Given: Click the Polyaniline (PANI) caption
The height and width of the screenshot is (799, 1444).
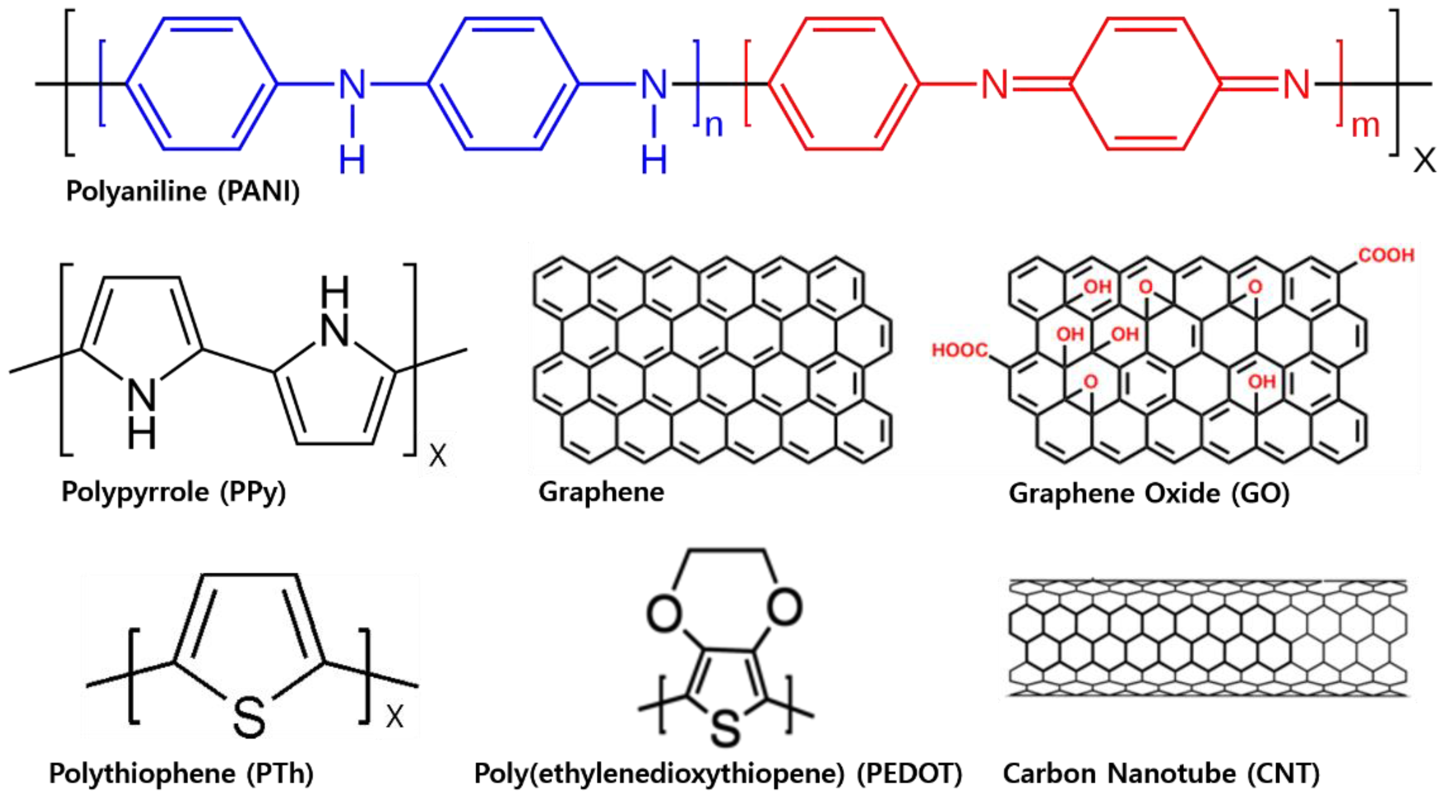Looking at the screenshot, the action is click(x=183, y=191).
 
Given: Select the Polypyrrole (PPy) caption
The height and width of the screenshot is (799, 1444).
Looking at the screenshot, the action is click(x=174, y=492).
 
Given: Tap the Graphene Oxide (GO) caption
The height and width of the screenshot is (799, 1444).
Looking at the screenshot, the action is click(x=1149, y=494).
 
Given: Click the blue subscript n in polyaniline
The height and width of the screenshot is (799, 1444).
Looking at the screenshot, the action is click(x=714, y=126).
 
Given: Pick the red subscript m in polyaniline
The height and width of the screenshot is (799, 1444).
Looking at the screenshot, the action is click(x=1366, y=126).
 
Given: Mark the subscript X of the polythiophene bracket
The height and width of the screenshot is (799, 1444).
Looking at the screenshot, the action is click(x=395, y=716).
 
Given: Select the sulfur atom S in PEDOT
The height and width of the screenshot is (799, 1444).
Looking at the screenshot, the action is click(x=725, y=727).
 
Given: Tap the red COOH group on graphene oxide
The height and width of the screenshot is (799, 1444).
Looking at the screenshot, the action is click(x=1386, y=255).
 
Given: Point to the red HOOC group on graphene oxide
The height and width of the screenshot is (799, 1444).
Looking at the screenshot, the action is click(x=960, y=350).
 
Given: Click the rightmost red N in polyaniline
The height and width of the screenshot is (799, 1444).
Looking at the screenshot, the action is click(x=1296, y=85).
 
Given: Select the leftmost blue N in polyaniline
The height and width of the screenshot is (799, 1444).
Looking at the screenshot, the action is click(x=352, y=85).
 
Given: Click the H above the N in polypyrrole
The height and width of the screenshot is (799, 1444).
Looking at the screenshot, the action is click(x=335, y=292).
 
